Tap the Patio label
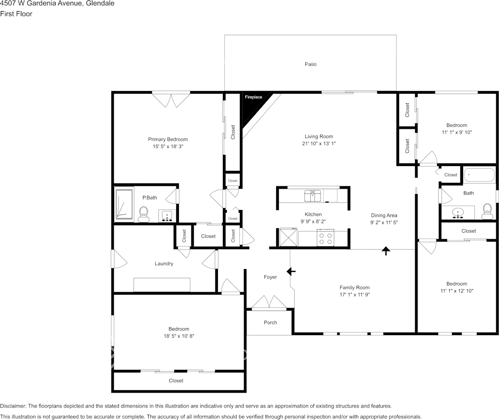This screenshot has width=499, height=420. (x=310, y=64)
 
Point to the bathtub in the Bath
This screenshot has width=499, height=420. (x=479, y=175)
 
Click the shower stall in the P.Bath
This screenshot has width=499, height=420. (x=124, y=204)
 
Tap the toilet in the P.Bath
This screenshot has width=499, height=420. (x=143, y=214)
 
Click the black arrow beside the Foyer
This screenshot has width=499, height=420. (x=291, y=271)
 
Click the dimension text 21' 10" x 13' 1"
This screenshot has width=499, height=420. (x=319, y=143)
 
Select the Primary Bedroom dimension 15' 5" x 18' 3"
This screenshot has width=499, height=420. (x=167, y=146)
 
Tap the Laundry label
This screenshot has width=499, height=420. (x=164, y=264)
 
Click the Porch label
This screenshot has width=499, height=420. (x=270, y=323)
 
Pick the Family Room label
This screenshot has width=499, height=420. (x=354, y=288)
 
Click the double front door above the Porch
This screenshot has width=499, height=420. (x=269, y=303)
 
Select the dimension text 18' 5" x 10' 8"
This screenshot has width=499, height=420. (x=178, y=336)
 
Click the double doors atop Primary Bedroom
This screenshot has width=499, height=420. (x=171, y=99)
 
